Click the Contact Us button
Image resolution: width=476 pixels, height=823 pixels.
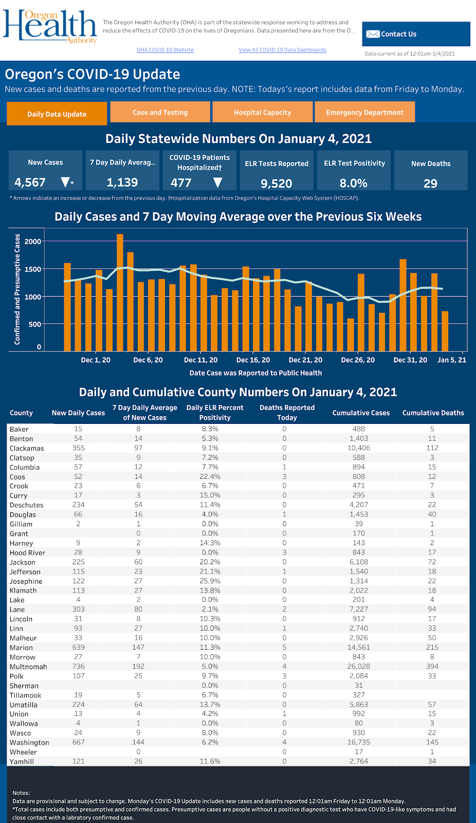coord(416,34)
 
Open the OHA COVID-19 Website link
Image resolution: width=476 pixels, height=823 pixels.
coord(165,50)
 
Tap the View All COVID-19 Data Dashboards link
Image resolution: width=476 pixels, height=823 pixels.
coord(282,50)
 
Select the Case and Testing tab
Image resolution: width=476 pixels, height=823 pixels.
coord(160,112)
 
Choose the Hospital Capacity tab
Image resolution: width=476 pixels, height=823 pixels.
coord(262,112)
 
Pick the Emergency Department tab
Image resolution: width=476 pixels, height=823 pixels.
coord(364,112)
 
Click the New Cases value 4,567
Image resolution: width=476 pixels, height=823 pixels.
coord(30,183)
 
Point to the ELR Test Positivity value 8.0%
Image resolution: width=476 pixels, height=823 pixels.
coord(353,183)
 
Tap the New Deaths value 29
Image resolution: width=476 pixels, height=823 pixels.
coord(430,184)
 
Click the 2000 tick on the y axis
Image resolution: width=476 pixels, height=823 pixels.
coord(33,241)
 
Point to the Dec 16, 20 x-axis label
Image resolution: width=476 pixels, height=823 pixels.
coord(253,360)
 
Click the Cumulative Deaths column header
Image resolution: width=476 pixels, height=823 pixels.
coord(433,413)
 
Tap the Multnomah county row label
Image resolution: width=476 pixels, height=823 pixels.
coord(28,667)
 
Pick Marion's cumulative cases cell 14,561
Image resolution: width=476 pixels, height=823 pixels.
coord(358,648)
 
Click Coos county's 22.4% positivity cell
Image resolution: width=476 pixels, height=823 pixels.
coord(210,477)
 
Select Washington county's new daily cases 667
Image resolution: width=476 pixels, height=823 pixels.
coord(78,742)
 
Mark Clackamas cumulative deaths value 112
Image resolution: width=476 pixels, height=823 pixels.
coord(432,448)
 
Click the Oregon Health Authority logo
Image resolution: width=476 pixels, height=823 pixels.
coord(50,26)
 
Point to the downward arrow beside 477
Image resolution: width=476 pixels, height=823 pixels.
coord(217,183)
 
